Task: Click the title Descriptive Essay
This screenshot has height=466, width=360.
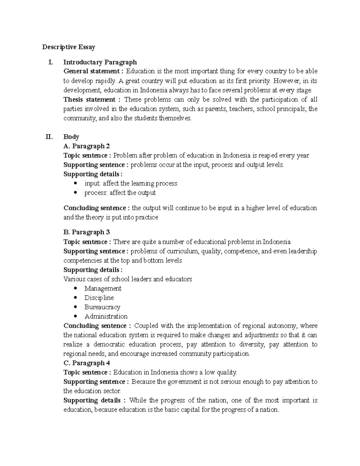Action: [x=69, y=47]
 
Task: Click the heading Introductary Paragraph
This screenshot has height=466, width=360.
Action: [x=100, y=62]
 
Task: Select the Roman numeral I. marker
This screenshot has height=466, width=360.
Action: [x=50, y=62]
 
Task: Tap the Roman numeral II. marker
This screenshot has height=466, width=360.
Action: [x=49, y=137]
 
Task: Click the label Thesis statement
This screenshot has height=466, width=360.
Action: [x=89, y=100]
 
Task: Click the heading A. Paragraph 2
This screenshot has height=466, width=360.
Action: [x=86, y=146]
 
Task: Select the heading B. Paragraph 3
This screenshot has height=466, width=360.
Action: [x=86, y=232]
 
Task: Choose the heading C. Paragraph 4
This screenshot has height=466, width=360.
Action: [x=86, y=363]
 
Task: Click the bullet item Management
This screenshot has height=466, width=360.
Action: [x=103, y=288]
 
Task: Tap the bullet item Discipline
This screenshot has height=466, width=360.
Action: [x=99, y=298]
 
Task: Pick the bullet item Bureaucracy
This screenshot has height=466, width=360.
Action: [x=102, y=307]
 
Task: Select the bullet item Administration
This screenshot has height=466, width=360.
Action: [x=106, y=316]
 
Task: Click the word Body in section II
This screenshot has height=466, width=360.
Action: [x=71, y=137]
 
